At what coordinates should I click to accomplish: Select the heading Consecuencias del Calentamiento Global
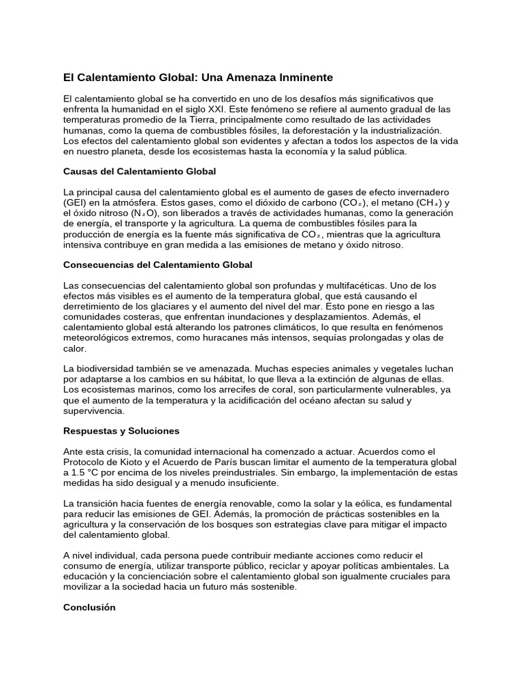tap(157, 264)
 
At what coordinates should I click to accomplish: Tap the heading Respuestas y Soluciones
tap(121, 431)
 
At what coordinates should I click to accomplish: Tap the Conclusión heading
tap(89, 607)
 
